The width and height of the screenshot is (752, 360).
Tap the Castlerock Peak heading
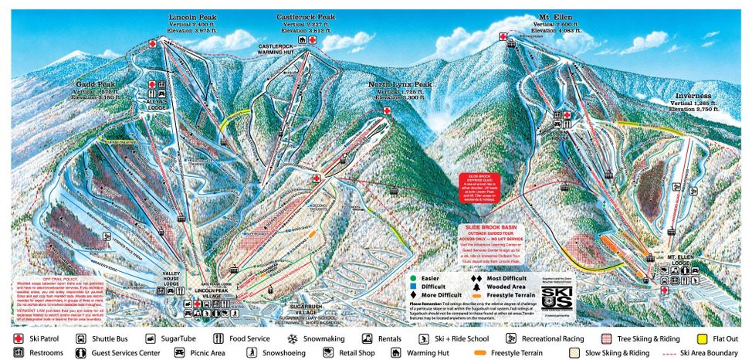point(306,17)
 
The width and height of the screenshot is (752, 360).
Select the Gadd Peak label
point(95,83)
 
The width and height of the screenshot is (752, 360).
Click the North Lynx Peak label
point(400,83)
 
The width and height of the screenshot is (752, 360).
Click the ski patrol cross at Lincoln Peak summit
point(152,45)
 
